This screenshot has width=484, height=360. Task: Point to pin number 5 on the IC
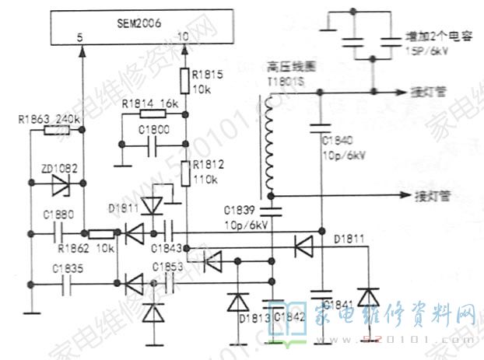(80, 37)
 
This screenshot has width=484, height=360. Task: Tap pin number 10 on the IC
(184, 37)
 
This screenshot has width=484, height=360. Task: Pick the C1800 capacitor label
(153, 129)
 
